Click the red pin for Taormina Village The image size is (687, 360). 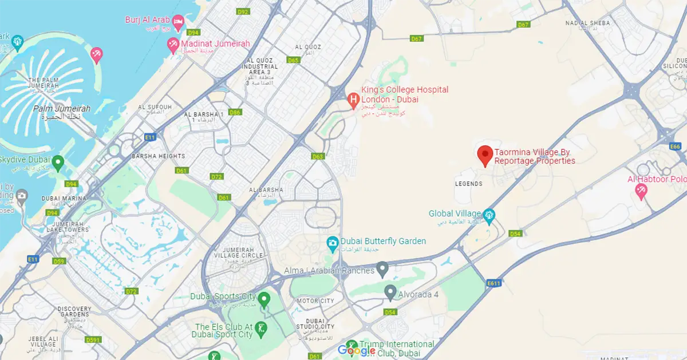coord(485,155)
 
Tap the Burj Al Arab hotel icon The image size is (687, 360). coord(178,23)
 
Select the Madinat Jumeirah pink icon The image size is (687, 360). coord(172,45)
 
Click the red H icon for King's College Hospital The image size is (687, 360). coord(354,100)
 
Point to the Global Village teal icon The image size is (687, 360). coord(489,216)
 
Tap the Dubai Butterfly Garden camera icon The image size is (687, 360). coord(332,243)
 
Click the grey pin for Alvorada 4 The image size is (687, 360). coord(390,294)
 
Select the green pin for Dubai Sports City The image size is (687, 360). coord(264,298)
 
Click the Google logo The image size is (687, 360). coord(357,350)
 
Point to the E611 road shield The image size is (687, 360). coord(494,283)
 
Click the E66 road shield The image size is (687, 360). coord(676,147)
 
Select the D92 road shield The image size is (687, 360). coord(243,11)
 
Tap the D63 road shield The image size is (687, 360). coord(318,156)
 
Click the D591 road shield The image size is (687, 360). coord(93,340)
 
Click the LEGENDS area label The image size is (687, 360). coord(468,184)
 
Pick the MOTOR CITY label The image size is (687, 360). coord(315,301)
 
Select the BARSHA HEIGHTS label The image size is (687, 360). coord(159,156)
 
